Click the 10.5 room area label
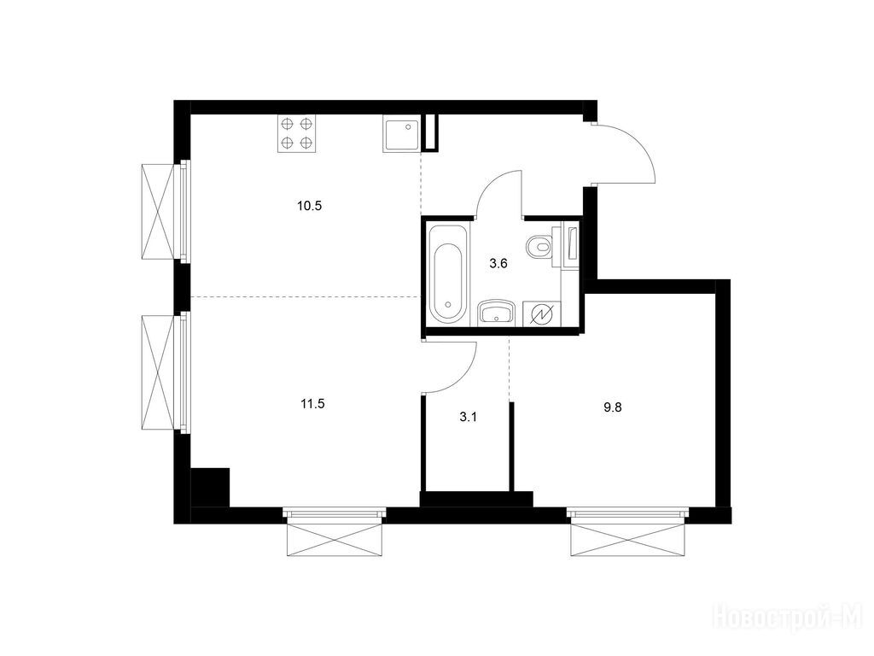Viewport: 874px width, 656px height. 309,206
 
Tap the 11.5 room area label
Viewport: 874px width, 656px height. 312,404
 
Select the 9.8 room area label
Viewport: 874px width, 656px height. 613,407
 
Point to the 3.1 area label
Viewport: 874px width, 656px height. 469,417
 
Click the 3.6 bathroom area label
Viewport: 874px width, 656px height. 498,263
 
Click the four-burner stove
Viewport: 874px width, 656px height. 296,133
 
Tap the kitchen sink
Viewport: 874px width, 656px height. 401,134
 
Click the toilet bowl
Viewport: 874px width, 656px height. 539,244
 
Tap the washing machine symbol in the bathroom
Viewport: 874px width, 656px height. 542,314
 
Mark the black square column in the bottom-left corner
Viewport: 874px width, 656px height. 210,487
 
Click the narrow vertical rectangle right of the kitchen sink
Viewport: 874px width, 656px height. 430,132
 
